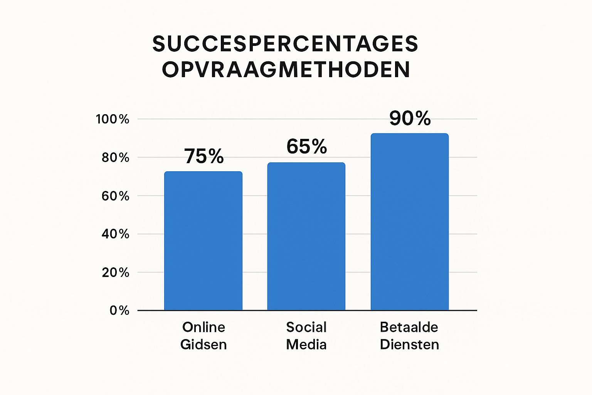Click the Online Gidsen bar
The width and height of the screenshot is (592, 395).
click(203, 241)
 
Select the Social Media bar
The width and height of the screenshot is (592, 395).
click(306, 236)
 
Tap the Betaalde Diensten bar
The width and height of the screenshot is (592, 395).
click(409, 222)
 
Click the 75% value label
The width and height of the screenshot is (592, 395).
click(204, 157)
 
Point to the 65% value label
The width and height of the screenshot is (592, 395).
click(307, 147)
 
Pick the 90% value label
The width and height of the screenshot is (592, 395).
click(410, 118)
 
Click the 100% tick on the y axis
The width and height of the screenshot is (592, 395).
click(113, 119)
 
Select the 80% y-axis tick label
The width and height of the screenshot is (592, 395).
click(115, 157)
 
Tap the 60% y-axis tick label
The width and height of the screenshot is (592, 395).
click(115, 196)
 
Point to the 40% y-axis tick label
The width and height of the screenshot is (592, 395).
click(115, 234)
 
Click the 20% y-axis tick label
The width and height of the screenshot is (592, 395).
click(115, 272)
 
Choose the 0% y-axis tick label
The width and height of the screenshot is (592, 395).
click(119, 311)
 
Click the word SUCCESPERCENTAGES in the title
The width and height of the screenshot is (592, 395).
click(285, 44)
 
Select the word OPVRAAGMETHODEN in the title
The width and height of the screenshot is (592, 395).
click(286, 70)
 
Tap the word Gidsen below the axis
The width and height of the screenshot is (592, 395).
click(203, 344)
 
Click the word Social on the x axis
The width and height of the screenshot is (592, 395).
click(306, 327)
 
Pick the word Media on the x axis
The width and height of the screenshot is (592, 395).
click(306, 344)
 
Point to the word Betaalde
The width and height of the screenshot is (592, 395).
click(409, 327)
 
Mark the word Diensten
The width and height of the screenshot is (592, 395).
click(409, 344)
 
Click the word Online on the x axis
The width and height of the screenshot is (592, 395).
click(203, 327)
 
